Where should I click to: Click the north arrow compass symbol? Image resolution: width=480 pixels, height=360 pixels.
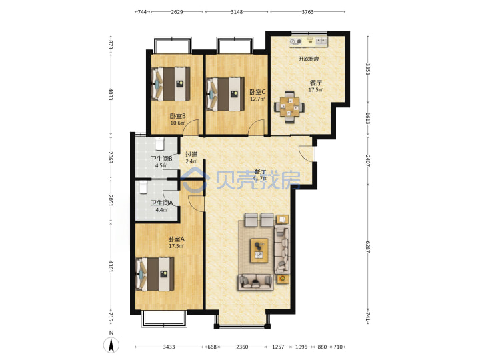(111, 345)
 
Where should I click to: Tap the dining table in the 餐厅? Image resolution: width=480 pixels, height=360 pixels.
(289, 107)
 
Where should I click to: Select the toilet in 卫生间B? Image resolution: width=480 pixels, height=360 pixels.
(160, 144)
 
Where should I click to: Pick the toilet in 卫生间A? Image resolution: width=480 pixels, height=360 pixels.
(143, 187)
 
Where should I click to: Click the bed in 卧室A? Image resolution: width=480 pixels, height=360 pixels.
(155, 274)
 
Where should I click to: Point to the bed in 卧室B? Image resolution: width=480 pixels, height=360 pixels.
(171, 83)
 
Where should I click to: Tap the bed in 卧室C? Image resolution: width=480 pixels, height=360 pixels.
(225, 94)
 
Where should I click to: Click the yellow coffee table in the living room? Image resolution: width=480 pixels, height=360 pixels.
(259, 251)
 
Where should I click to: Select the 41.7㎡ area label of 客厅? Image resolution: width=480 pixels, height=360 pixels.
(260, 179)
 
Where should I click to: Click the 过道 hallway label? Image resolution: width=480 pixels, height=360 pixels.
(191, 155)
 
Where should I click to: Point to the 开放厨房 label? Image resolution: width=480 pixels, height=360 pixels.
(309, 59)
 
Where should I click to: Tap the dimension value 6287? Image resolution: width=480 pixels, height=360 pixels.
(368, 246)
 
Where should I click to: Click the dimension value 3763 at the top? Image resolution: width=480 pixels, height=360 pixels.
(307, 12)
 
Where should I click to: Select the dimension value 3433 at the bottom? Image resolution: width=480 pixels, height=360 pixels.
(169, 347)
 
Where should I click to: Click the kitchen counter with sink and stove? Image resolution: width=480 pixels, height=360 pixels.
(308, 42)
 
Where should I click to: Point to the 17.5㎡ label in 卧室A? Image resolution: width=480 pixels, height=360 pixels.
(176, 246)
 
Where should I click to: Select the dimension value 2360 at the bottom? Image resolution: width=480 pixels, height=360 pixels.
(242, 347)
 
